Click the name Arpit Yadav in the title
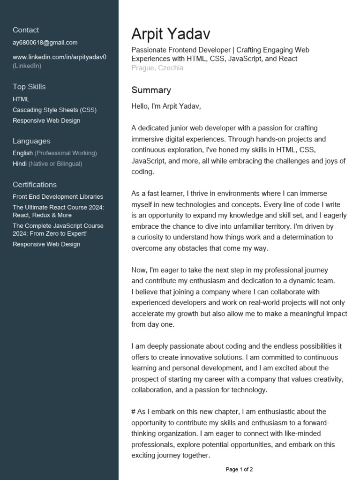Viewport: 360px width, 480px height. pyautogui.click(x=171, y=34)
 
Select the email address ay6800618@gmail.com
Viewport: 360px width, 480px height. pyautogui.click(x=45, y=43)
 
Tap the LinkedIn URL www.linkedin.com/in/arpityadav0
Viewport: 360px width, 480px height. pyautogui.click(x=60, y=57)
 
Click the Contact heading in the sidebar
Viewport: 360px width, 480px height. pyautogui.click(x=26, y=30)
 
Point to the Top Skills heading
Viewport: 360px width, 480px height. pyautogui.click(x=29, y=87)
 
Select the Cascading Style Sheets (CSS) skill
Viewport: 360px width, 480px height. pyautogui.click(x=54, y=110)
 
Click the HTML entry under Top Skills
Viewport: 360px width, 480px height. pyautogui.click(x=21, y=99)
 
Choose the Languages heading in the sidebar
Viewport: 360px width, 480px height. pyautogui.click(x=31, y=141)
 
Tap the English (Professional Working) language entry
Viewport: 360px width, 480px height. pyautogui.click(x=55, y=153)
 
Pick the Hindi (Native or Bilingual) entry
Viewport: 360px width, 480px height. pyautogui.click(x=47, y=164)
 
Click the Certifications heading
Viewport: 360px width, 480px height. pyautogui.click(x=35, y=185)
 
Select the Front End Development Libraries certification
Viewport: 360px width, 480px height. pyautogui.click(x=58, y=197)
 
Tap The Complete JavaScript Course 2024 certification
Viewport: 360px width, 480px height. pyautogui.click(x=58, y=230)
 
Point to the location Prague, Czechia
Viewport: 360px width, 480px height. pyautogui.click(x=157, y=68)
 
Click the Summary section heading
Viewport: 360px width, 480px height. pyautogui.click(x=151, y=90)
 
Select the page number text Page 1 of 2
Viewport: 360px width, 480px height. pyautogui.click(x=239, y=469)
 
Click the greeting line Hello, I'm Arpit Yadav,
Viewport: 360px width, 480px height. pyautogui.click(x=166, y=106)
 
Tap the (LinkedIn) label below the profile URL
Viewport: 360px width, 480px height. pyautogui.click(x=27, y=66)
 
